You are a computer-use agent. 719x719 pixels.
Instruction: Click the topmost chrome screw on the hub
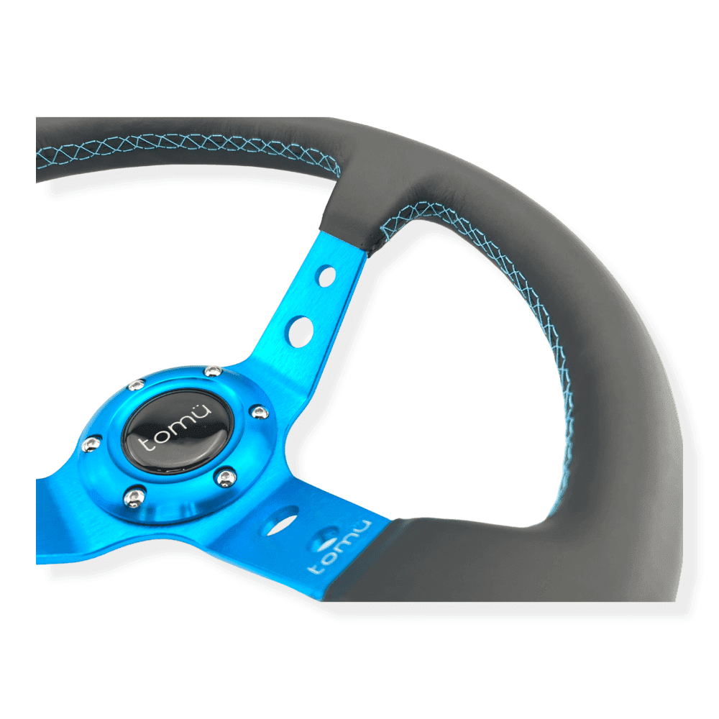tap(212, 370)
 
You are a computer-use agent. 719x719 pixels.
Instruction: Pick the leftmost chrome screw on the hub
tap(91, 444)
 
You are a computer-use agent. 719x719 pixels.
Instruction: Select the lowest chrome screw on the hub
tap(134, 498)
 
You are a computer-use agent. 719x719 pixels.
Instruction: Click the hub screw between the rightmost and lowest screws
tap(226, 477)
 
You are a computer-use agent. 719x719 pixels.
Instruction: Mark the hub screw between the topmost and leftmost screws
tap(136, 385)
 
